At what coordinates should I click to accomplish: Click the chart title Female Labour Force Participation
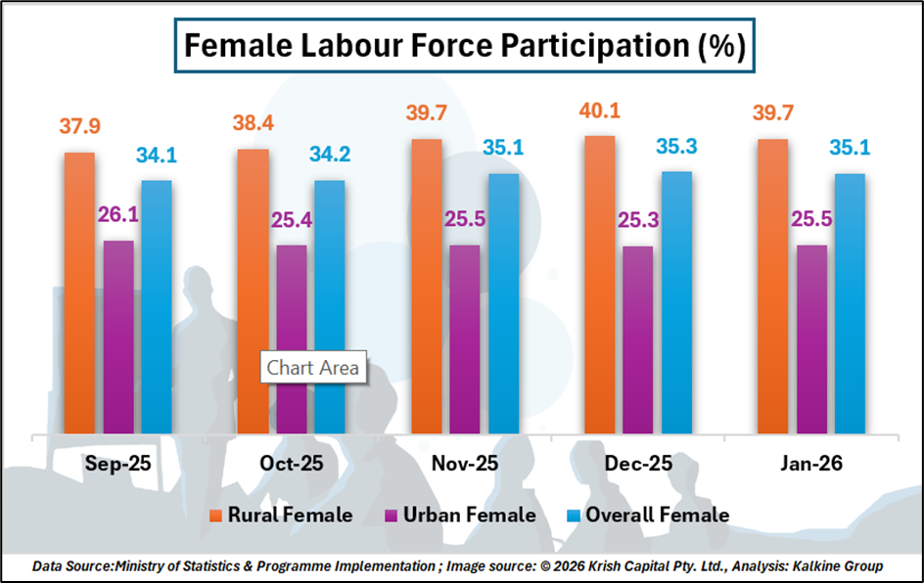click(x=465, y=46)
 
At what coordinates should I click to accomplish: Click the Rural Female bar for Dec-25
click(x=599, y=284)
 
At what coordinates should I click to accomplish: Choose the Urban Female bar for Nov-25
click(x=465, y=337)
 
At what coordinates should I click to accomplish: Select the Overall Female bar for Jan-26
click(x=850, y=302)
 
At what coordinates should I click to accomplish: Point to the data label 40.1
click(x=599, y=110)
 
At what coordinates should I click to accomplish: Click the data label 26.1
click(x=117, y=214)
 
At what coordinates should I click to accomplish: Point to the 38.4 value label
click(x=253, y=123)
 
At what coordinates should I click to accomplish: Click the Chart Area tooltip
click(x=312, y=368)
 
